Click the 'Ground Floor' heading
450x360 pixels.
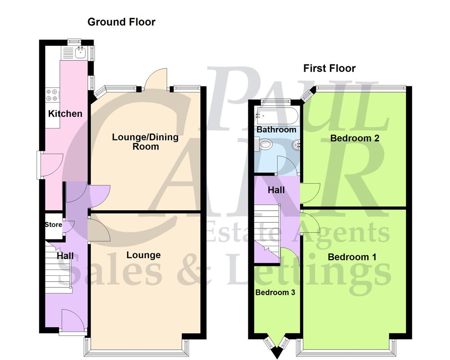pyautogui.click(x=121, y=22)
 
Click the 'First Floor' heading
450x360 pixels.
pyautogui.click(x=329, y=68)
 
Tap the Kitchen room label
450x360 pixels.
pyautogui.click(x=65, y=114)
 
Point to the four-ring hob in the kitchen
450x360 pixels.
pyautogui.click(x=51, y=94)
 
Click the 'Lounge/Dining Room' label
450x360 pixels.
pyautogui.click(x=145, y=142)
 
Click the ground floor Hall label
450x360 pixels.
pyautogui.click(x=65, y=256)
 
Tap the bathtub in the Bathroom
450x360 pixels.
pyautogui.click(x=274, y=115)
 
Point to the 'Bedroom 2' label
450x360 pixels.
pyautogui.click(x=355, y=138)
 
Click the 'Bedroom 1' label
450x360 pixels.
pyautogui.click(x=352, y=257)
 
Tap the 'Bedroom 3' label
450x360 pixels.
pyautogui.click(x=275, y=292)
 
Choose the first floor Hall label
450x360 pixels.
pyautogui.click(x=276, y=190)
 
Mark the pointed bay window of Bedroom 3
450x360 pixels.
pyautogui.click(x=276, y=344)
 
